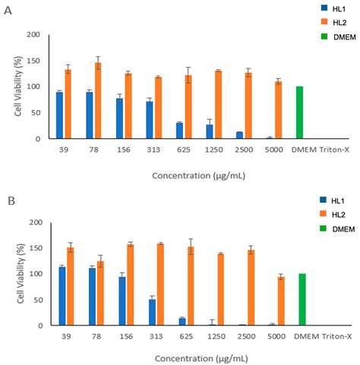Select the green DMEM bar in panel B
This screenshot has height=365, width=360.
coord(302,300)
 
